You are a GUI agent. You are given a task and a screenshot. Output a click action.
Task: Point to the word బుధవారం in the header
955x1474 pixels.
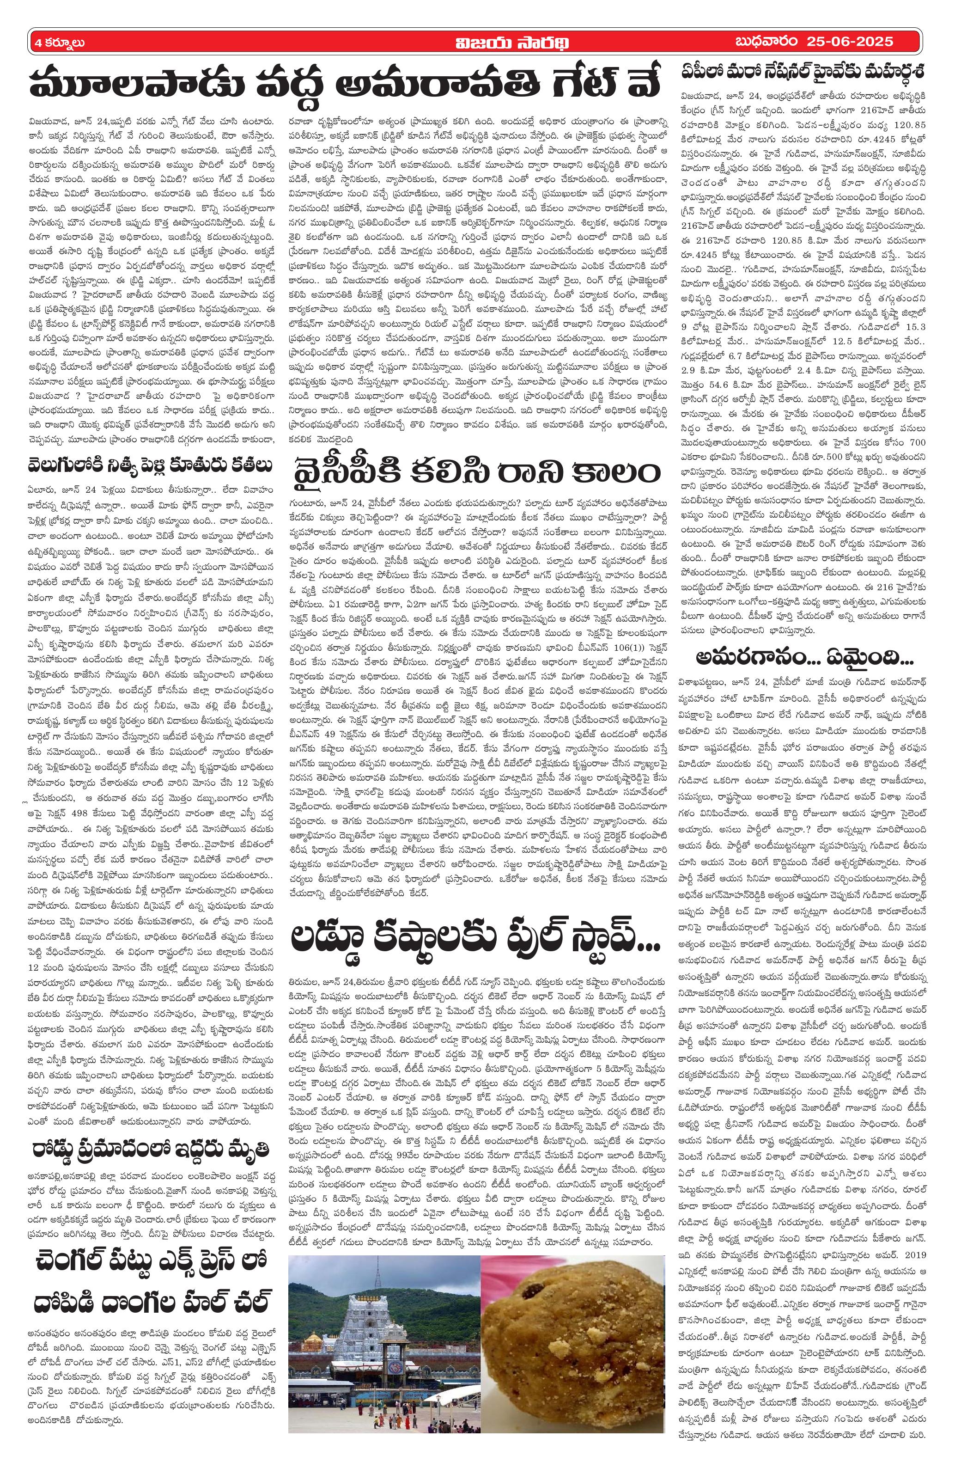(766, 43)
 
